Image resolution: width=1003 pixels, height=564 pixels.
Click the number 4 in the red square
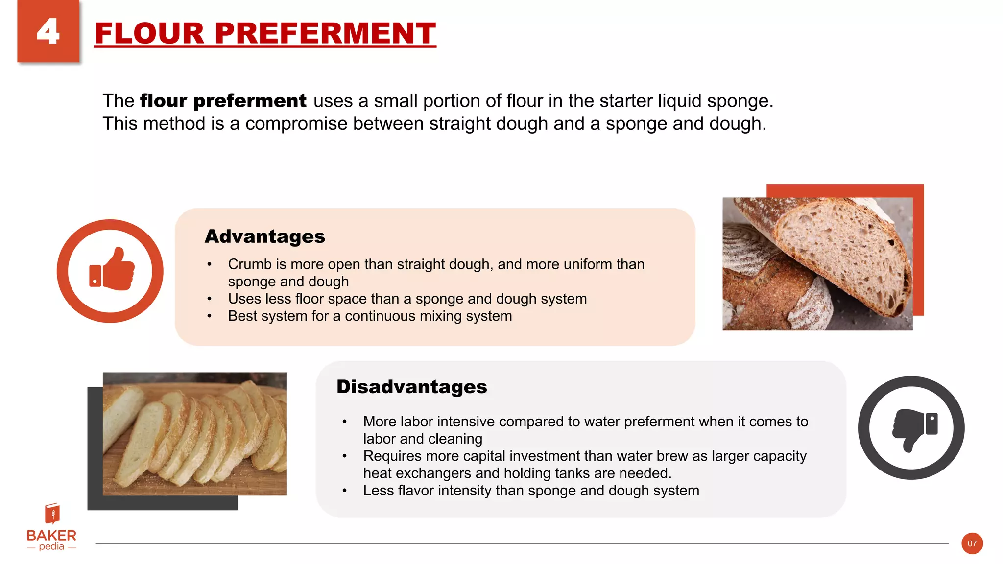point(48,32)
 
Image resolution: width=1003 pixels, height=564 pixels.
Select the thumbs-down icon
point(911,427)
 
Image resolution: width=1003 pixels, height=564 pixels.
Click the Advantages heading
point(265,236)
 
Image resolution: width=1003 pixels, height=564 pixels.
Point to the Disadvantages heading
point(411,387)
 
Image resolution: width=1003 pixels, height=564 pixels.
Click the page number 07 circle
point(972,543)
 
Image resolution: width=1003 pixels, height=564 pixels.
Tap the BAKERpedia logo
point(51,528)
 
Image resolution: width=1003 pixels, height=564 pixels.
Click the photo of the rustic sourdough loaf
point(817,264)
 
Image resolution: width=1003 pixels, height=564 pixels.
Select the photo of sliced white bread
point(194,434)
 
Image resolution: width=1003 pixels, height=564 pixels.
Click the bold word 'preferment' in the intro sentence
point(250,101)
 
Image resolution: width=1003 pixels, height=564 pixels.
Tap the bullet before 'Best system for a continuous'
point(209,316)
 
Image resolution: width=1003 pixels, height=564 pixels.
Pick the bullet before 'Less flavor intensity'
point(345,491)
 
